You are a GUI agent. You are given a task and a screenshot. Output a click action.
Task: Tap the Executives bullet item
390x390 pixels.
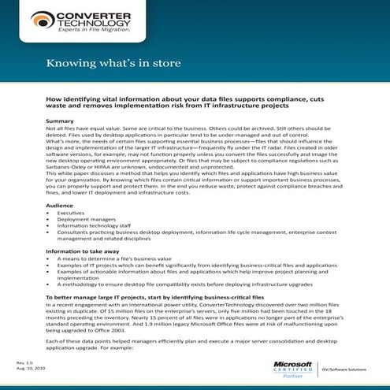[x=70, y=212]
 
